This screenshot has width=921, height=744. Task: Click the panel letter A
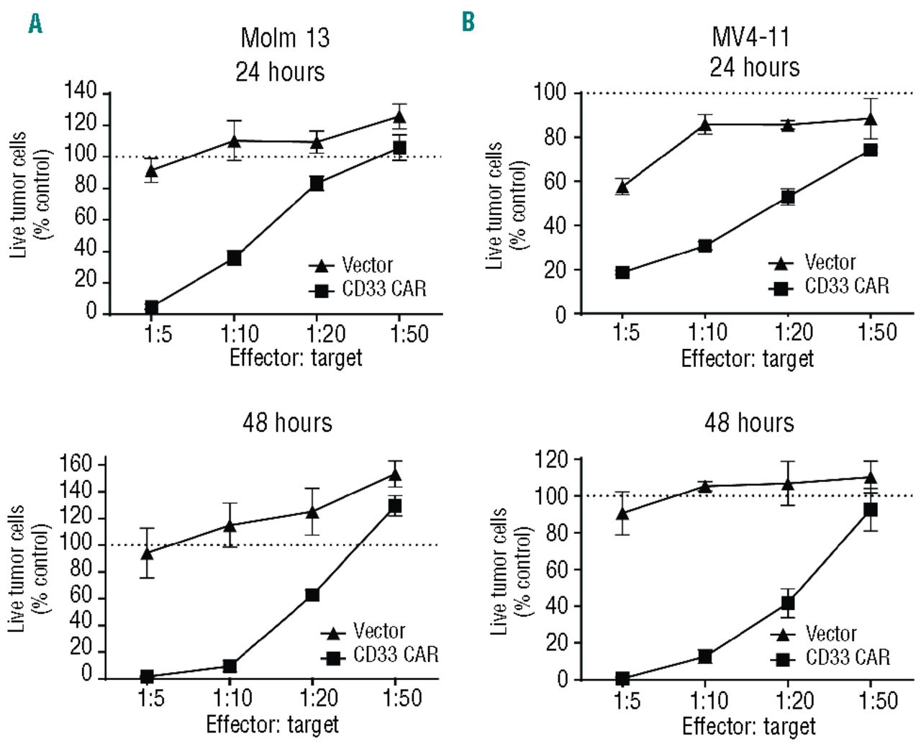pos(35,23)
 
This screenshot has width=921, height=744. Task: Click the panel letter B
pos(468,22)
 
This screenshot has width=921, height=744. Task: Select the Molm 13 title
pos(285,37)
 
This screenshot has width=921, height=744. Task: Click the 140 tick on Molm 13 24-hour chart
pos(81,91)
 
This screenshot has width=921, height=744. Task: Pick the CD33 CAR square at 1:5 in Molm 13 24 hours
pos(151,308)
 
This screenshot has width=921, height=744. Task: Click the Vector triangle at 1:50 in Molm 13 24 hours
pos(399,117)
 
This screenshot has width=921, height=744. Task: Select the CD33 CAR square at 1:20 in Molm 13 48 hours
pos(312,595)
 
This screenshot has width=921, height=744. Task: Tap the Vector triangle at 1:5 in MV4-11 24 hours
pos(622,188)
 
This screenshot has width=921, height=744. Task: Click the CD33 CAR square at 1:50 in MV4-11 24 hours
pos(870,150)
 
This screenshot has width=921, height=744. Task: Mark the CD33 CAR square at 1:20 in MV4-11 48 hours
pos(788,603)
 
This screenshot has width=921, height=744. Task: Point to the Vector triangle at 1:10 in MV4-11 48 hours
pos(705,486)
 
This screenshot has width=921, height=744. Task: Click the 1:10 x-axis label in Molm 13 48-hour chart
pos(232,698)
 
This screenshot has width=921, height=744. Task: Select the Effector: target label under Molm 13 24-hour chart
pos(296,358)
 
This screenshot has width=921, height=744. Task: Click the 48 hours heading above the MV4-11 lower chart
pos(749,422)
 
